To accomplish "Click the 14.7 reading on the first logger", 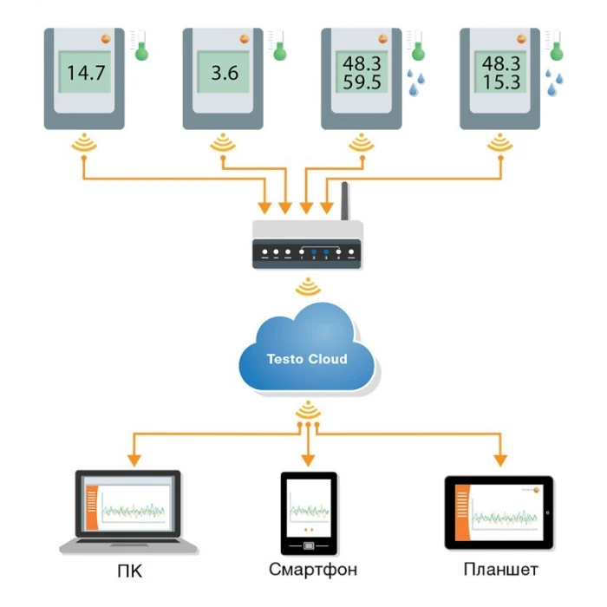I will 86,73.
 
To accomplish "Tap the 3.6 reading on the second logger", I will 225,73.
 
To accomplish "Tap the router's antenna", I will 343,201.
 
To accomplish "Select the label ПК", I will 129,571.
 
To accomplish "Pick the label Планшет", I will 500,571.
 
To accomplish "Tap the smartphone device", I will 308,513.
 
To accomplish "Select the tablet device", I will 499,512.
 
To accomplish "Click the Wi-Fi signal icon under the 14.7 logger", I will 85,142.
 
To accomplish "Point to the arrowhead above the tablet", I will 500,459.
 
